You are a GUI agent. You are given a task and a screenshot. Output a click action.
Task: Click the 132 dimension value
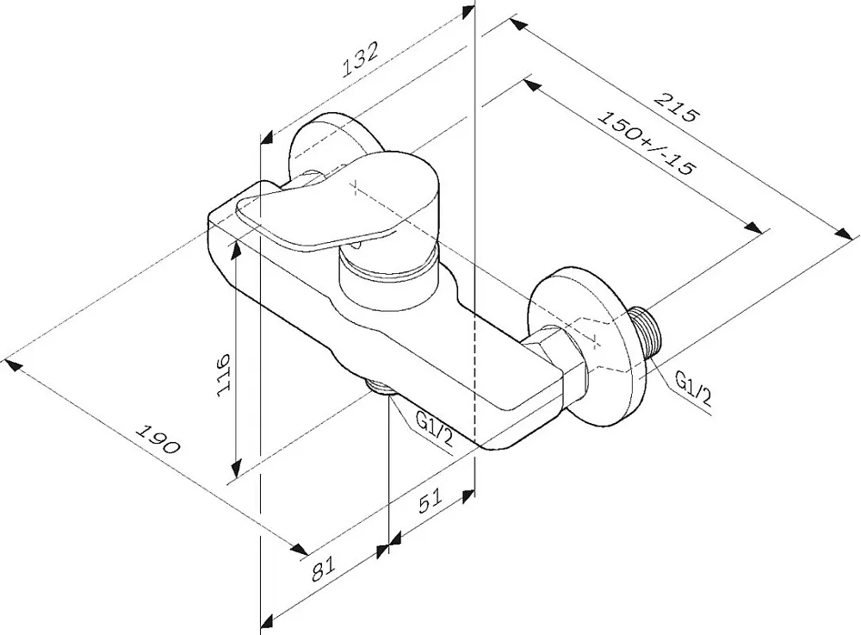tap(361, 59)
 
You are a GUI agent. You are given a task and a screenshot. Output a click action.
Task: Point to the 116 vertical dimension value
tap(224, 374)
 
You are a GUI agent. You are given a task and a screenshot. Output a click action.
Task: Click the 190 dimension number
tap(158, 439)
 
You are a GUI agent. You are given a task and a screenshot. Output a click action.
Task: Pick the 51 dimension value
tap(430, 501)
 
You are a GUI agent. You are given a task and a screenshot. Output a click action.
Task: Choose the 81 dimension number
tap(324, 569)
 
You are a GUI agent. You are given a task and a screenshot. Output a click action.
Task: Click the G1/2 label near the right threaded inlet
tap(693, 389)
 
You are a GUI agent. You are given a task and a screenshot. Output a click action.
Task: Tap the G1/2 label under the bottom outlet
tap(435, 430)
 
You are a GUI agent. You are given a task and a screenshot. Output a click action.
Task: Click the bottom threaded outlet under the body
tap(381, 386)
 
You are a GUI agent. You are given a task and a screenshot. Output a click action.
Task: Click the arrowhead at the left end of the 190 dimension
tap(13, 365)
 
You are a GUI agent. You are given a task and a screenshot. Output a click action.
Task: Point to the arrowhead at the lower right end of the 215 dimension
tap(846, 233)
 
